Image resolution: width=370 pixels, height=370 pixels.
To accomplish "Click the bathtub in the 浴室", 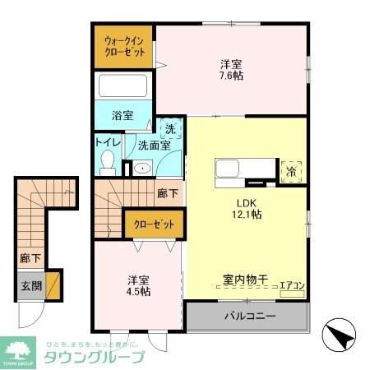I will pyautogui.click(x=123, y=87).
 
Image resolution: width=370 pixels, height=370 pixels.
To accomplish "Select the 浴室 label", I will pyautogui.click(x=123, y=116).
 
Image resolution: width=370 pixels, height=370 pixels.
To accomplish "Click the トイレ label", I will pyautogui.click(x=109, y=142).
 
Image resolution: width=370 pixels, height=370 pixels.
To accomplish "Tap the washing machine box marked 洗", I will pyautogui.click(x=169, y=129).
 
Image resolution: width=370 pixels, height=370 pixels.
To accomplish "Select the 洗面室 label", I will pyautogui.click(x=153, y=146).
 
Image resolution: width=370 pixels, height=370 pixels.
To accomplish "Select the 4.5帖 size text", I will pyautogui.click(x=138, y=292).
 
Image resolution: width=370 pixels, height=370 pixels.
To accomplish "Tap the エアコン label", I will pyautogui.click(x=292, y=286).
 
